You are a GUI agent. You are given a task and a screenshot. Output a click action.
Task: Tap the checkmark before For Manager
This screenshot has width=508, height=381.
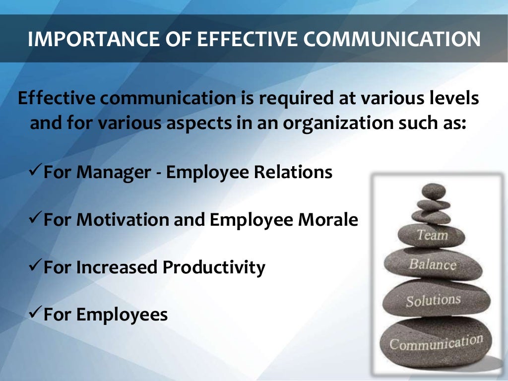35,172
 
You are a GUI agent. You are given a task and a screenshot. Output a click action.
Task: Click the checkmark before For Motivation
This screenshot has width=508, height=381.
35,219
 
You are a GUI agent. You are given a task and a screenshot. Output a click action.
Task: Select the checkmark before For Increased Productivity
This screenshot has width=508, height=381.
35,267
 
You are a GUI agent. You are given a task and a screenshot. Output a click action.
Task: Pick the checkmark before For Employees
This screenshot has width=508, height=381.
35,314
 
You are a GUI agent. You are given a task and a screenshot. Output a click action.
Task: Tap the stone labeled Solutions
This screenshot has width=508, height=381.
434,299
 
